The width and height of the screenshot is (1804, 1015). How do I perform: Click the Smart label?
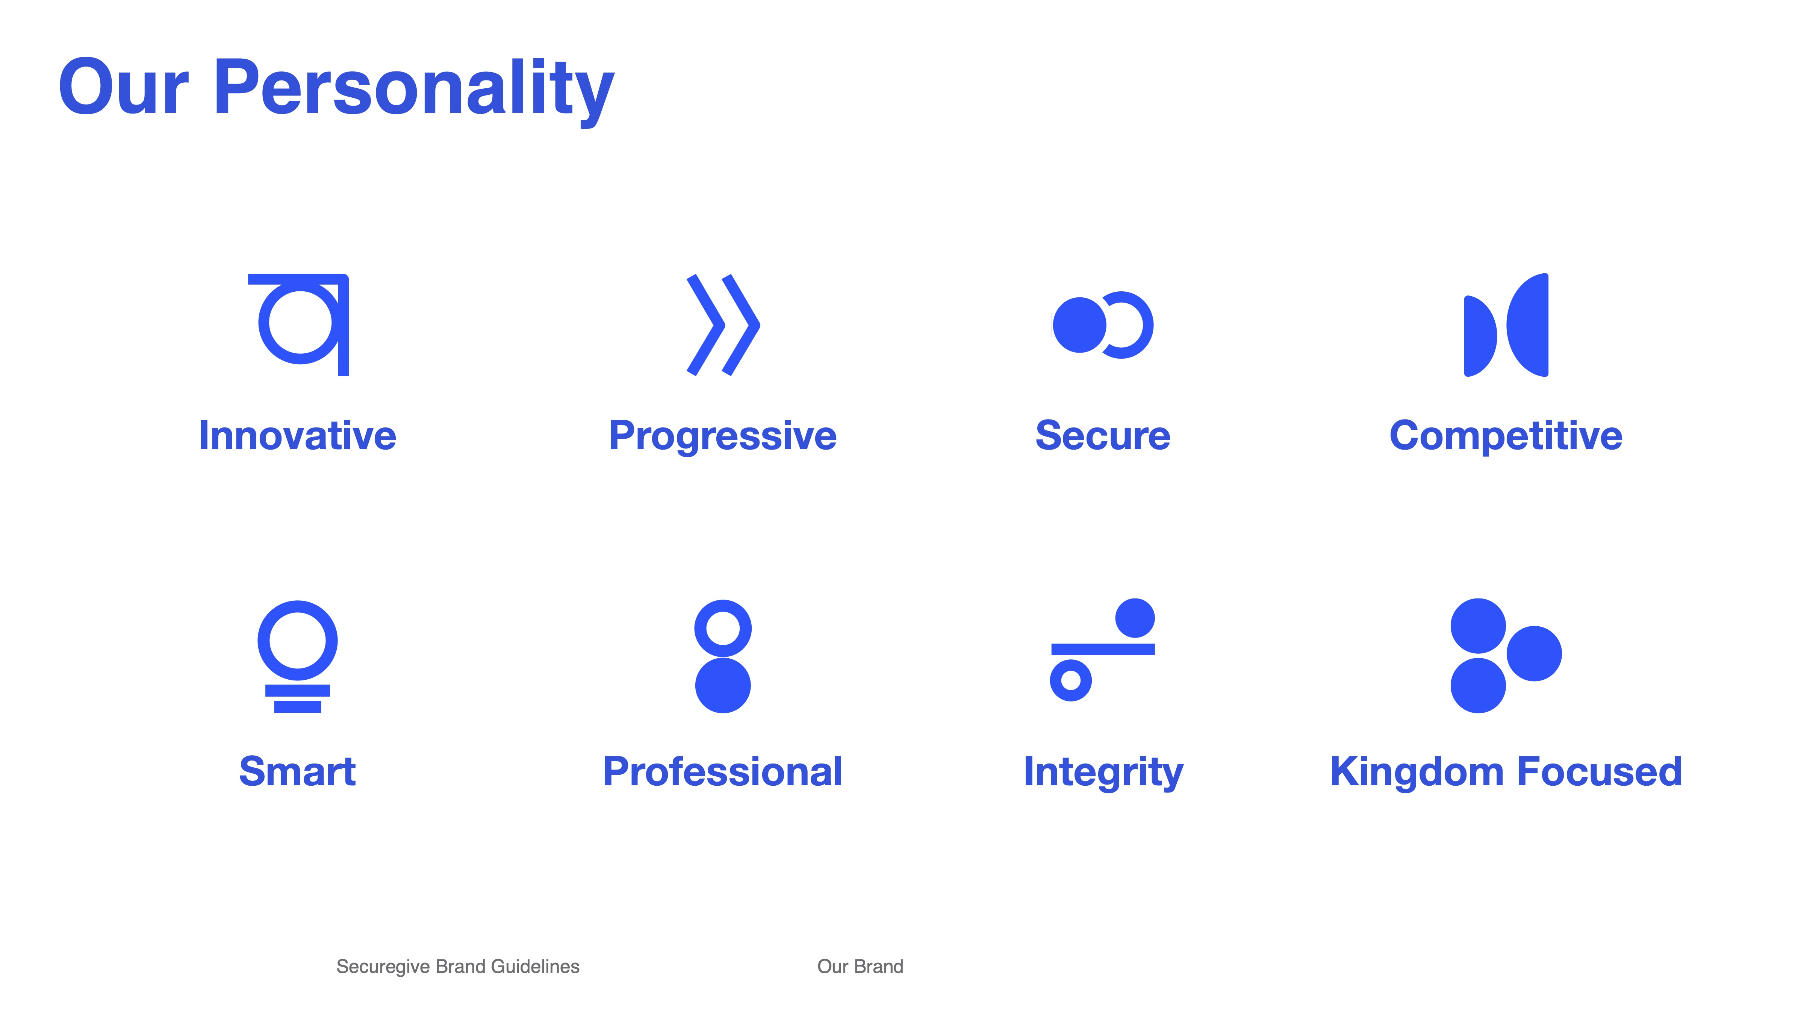point(298,772)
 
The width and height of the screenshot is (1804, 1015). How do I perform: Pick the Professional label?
point(723,772)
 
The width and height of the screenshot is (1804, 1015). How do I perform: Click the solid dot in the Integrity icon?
point(1135,618)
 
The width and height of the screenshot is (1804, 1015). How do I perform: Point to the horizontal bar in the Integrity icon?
point(1103,649)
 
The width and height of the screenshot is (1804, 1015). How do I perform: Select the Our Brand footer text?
point(860,967)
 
